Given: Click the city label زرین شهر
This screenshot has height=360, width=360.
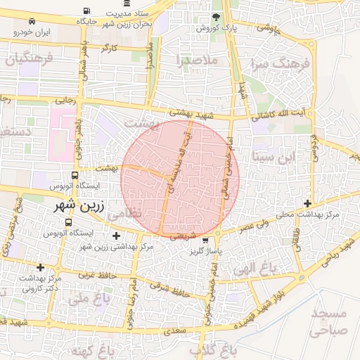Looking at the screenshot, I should (79, 208).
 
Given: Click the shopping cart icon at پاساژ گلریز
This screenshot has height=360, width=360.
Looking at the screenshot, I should (205, 240).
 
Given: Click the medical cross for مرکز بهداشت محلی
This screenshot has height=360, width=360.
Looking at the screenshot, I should (307, 203).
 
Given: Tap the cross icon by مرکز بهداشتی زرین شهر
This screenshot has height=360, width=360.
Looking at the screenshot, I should (116, 235).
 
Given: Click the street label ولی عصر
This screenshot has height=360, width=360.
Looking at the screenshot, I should (255, 227).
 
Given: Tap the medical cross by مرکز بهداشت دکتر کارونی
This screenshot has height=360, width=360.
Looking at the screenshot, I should (40, 267).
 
